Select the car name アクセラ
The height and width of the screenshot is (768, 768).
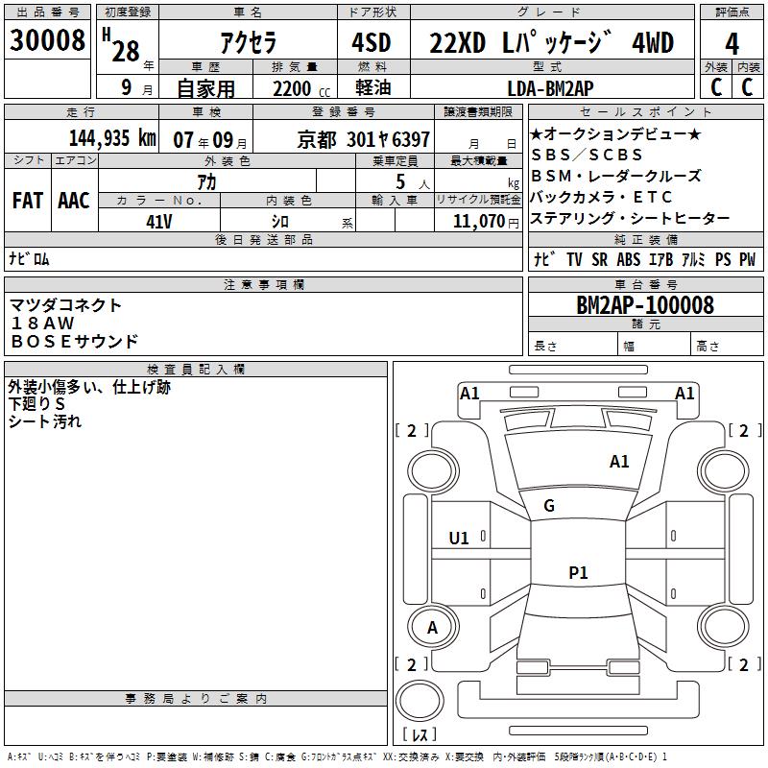tap(247, 43)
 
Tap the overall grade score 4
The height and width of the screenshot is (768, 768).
tap(732, 43)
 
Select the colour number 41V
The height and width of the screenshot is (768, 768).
tap(158, 221)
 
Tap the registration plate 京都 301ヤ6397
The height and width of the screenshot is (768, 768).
tap(364, 139)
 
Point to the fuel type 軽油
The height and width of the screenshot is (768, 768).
tap(372, 87)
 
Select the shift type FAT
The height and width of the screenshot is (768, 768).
tap(27, 200)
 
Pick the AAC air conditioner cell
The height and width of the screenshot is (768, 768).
tap(73, 200)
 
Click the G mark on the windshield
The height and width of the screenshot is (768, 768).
tap(548, 506)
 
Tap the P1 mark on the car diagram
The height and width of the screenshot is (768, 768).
tap(578, 573)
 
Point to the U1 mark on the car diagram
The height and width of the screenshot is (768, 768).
tap(459, 539)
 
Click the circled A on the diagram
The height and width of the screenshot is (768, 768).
tap(432, 628)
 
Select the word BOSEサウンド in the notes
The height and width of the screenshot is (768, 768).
tap(74, 341)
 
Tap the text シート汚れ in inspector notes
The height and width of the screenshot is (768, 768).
tap(45, 420)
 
